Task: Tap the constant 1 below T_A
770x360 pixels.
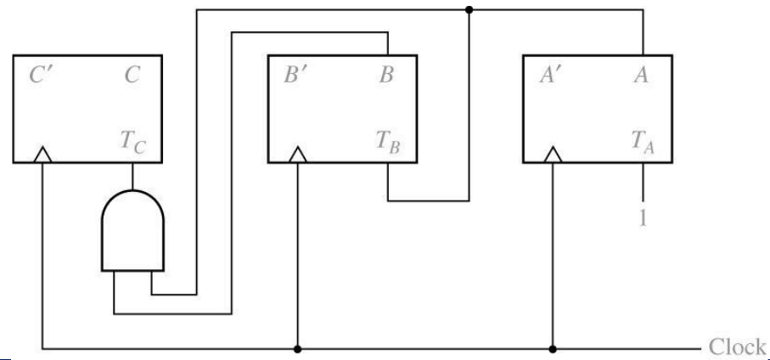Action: (x=644, y=218)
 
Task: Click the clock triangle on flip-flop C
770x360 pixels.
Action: (x=42, y=155)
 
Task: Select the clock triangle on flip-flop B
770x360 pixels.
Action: (x=297, y=155)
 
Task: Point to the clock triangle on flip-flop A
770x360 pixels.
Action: (x=553, y=155)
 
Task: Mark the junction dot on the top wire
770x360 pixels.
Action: (x=469, y=10)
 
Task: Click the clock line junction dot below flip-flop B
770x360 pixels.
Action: (x=297, y=348)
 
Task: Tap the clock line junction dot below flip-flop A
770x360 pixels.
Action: (x=553, y=348)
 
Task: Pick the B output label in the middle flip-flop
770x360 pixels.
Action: (x=387, y=76)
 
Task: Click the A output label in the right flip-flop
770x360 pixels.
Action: (x=643, y=76)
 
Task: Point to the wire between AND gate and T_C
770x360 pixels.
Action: (x=133, y=176)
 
